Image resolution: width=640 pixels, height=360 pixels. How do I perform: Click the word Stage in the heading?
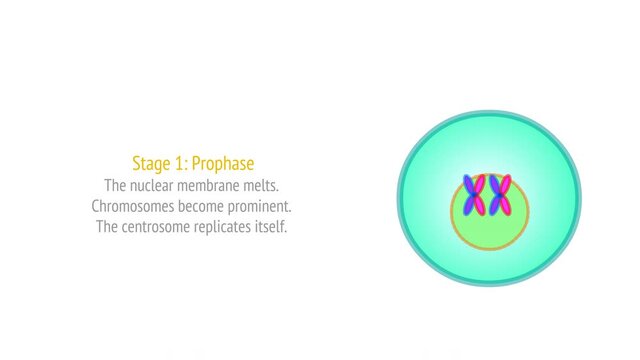(151, 163)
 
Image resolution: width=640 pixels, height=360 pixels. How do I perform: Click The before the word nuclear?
(116, 185)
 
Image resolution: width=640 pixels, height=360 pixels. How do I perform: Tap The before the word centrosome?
(109, 227)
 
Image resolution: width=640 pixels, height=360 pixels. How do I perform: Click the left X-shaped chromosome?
(474, 195)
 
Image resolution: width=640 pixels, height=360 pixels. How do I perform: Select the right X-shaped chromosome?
(500, 195)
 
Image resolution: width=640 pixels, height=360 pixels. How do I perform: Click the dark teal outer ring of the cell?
(402, 198)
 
